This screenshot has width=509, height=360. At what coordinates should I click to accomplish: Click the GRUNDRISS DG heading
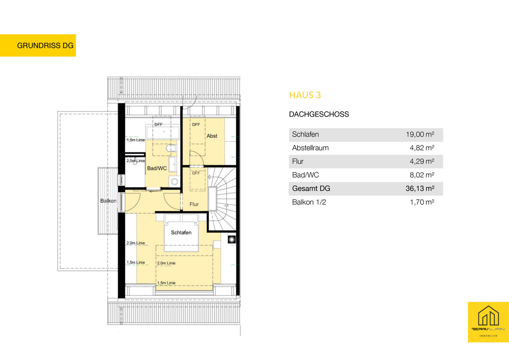click(x=45, y=45)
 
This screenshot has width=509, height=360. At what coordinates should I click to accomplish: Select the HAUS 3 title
click(x=305, y=95)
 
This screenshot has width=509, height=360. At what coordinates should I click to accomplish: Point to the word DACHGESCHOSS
click(x=319, y=114)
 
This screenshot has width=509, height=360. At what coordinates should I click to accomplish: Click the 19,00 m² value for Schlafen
click(x=420, y=134)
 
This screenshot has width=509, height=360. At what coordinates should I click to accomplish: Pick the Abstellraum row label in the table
click(x=310, y=148)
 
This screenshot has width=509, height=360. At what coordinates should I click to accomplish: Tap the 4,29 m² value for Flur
click(x=422, y=162)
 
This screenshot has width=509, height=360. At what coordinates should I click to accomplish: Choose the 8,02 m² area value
click(x=422, y=175)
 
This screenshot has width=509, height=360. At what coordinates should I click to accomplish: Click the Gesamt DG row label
click(x=311, y=189)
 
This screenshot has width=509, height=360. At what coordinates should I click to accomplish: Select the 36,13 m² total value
click(x=420, y=189)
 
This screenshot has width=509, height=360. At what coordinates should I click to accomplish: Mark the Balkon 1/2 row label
click(x=309, y=202)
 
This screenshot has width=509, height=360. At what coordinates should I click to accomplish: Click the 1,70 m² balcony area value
click(x=422, y=202)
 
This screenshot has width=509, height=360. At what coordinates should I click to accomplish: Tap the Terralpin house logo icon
click(x=488, y=316)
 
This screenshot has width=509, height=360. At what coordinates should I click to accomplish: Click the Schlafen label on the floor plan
click(x=181, y=233)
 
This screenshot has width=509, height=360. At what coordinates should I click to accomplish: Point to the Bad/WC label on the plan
click(x=157, y=168)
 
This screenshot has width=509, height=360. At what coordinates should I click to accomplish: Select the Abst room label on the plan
click(x=212, y=136)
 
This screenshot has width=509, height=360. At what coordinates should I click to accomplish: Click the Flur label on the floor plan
click(x=194, y=204)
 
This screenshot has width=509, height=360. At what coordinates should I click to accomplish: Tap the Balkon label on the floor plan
click(x=109, y=201)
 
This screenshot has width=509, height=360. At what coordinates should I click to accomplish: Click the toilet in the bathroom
click(x=171, y=148)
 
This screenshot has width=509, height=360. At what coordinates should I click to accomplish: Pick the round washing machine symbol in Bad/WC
click(x=174, y=181)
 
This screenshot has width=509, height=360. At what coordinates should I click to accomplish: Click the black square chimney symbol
click(x=232, y=240)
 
